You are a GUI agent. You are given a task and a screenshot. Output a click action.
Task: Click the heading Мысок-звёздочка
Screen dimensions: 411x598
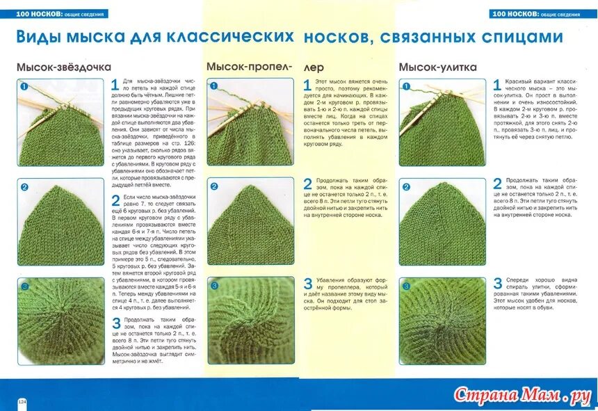tap(64, 67)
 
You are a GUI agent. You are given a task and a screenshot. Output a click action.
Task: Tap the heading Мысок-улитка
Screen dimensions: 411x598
tap(437, 67)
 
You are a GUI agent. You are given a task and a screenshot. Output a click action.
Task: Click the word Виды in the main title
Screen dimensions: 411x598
tap(40, 37)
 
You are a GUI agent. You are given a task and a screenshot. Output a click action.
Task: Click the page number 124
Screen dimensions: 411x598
tap(22, 401)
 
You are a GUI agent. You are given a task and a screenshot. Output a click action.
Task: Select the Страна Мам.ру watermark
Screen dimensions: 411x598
tap(522, 396)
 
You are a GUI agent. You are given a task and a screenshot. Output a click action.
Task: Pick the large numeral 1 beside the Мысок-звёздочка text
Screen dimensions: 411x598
tap(115, 86)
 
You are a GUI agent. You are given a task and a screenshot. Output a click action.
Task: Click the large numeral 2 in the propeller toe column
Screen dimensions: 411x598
tap(307, 184)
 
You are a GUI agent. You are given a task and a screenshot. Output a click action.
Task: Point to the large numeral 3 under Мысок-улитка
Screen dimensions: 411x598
tap(497, 284)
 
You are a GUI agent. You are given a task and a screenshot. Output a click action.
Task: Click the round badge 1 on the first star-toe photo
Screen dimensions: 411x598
tap(24, 87)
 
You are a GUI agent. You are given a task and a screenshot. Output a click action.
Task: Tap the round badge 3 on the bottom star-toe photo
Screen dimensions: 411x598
tap(24, 286)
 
